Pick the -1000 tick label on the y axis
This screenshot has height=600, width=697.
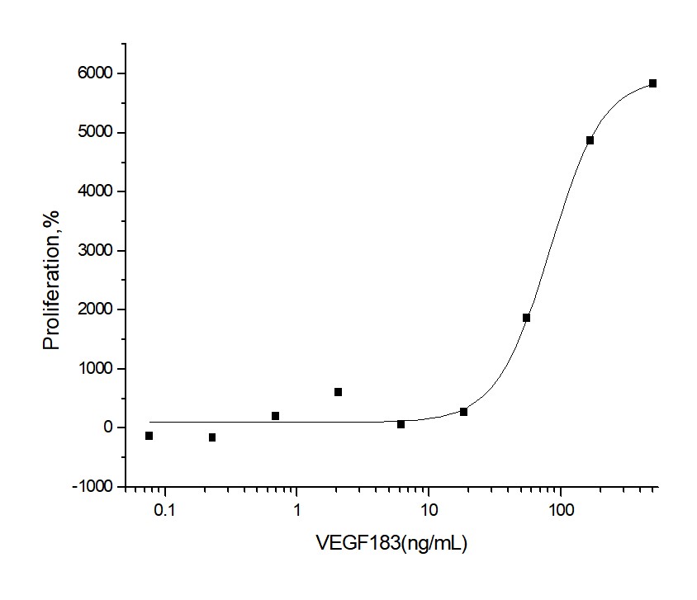pyautogui.click(x=93, y=487)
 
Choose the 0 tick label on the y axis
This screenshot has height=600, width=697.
pyautogui.click(x=108, y=428)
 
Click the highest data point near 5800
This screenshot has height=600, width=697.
pyautogui.click(x=652, y=83)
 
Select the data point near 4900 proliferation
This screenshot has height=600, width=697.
pyautogui.click(x=590, y=140)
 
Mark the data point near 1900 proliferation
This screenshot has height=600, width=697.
pyautogui.click(x=526, y=318)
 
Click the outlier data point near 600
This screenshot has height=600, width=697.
pyautogui.click(x=338, y=392)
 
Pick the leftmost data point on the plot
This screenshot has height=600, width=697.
pyautogui.click(x=149, y=436)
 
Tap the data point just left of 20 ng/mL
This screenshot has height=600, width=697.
pyautogui.click(x=463, y=412)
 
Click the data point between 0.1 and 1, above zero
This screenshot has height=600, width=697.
pyautogui.click(x=275, y=416)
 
